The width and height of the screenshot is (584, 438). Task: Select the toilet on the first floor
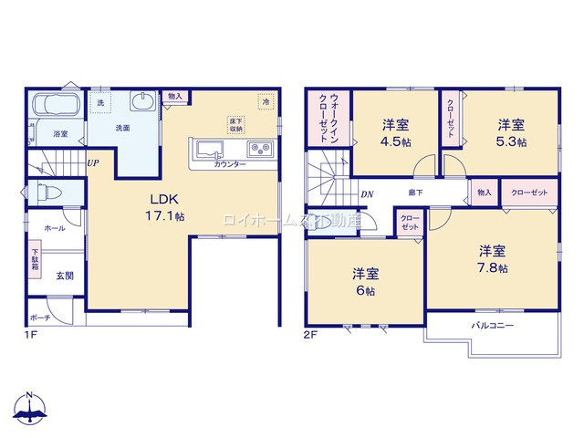(46, 193)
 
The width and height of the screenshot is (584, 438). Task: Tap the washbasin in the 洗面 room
(143, 102)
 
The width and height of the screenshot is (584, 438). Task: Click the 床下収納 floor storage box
(235, 125)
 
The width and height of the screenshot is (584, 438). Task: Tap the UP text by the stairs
(92, 163)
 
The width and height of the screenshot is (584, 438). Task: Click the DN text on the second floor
(367, 193)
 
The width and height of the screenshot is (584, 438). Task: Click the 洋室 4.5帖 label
(393, 131)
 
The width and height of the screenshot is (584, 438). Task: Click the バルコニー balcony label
(492, 325)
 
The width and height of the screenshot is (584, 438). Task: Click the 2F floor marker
(311, 335)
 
